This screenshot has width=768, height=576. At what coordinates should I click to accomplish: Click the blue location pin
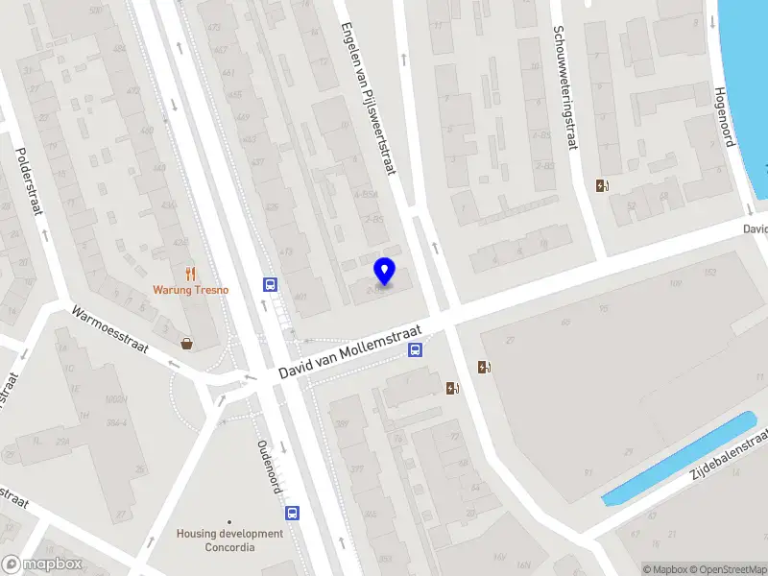point(385,271)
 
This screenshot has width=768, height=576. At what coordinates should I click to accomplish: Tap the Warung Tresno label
point(190,290)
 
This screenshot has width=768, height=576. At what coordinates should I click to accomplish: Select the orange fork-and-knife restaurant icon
point(190,273)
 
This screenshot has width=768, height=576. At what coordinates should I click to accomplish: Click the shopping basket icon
point(186,343)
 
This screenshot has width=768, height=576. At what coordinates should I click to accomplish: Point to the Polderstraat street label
point(31,181)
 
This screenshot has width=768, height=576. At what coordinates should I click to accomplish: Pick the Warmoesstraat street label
point(109,329)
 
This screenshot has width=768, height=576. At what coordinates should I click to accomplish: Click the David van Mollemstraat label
point(351,351)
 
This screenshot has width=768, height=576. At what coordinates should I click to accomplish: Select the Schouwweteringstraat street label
point(564,87)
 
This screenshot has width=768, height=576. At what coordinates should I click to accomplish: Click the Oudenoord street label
point(269,468)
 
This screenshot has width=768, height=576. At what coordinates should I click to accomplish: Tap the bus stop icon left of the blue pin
point(271,284)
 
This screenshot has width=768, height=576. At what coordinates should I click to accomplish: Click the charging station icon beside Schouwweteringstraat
point(602,186)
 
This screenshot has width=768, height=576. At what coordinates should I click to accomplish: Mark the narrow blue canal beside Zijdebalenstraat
point(678,459)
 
